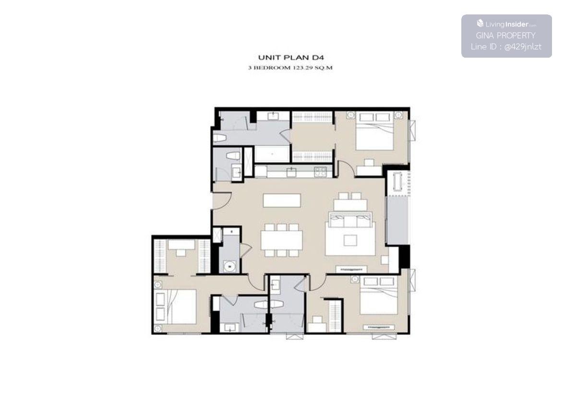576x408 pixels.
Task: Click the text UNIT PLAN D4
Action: pyautogui.click(x=291, y=57)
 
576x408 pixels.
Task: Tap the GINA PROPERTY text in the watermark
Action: pyautogui.click(x=505, y=35)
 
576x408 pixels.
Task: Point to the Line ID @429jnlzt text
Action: pyautogui.click(x=506, y=47)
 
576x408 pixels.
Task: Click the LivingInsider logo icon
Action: pyautogui.click(x=480, y=24)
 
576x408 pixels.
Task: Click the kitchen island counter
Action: pyautogui.click(x=282, y=200)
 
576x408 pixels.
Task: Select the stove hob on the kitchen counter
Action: pyautogui.click(x=320, y=171)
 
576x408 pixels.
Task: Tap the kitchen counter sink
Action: pyautogui.click(x=291, y=172)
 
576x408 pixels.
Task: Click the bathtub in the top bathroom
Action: pyautogui.click(x=272, y=154)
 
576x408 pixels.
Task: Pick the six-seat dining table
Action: pyautogui.click(x=282, y=240)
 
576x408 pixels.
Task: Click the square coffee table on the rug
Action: pyautogui.click(x=350, y=241)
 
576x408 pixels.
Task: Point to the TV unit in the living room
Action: pyautogui.click(x=351, y=269)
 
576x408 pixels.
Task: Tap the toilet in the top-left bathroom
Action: pyautogui.click(x=220, y=138)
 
